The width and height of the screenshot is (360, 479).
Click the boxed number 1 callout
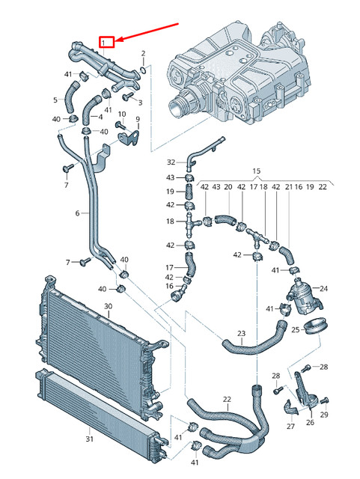(108, 42)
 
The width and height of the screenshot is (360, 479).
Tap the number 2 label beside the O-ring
(144, 54)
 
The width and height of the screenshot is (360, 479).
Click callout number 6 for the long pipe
(76, 213)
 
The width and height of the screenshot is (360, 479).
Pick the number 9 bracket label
(138, 120)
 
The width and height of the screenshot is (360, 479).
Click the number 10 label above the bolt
(122, 114)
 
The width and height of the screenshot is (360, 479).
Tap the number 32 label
(170, 162)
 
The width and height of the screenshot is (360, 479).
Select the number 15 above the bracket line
(257, 171)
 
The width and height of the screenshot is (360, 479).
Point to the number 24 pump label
(324, 287)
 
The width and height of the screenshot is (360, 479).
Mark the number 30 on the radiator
(108, 306)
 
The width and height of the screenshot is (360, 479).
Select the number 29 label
(324, 415)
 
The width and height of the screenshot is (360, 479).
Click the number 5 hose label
(55, 100)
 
